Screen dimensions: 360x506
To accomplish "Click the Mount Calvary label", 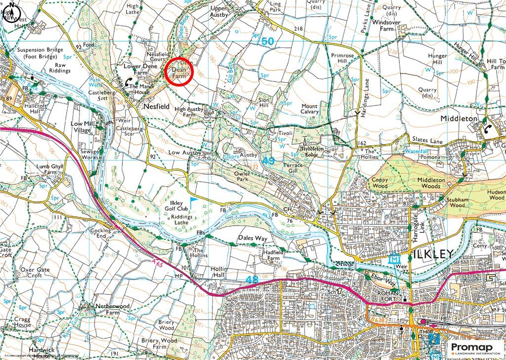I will (310, 109).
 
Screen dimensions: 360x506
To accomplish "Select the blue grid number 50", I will (267, 42).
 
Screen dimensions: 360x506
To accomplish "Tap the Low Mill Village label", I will (81, 126).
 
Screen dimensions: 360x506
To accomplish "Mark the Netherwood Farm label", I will (112, 309).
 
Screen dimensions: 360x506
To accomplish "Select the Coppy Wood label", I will (380, 183).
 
